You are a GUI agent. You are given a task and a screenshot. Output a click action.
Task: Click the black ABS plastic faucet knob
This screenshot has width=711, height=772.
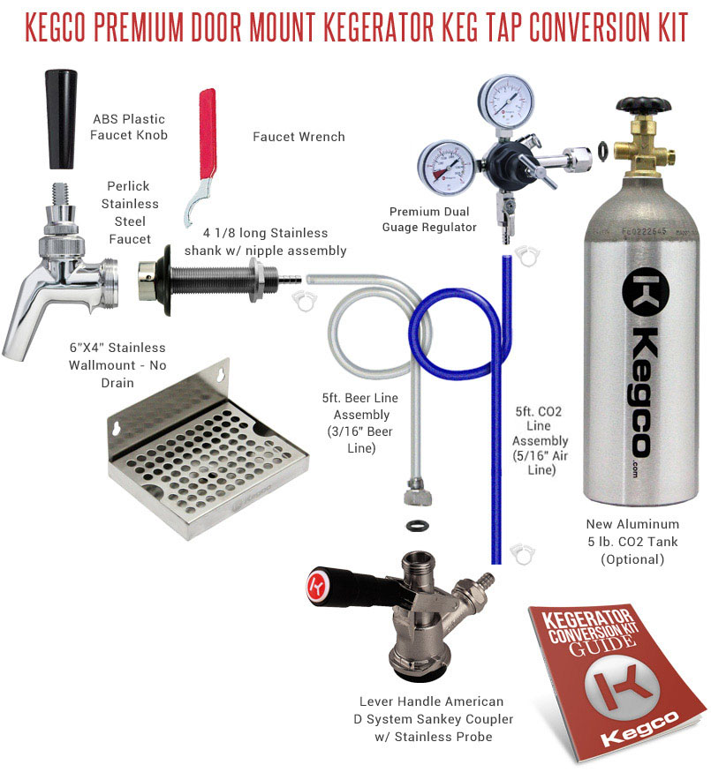pos(61,120)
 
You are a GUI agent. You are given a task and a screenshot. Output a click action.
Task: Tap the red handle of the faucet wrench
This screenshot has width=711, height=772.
pos(208,133)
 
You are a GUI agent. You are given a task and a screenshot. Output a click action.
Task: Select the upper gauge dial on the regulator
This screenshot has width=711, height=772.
pos(505,102)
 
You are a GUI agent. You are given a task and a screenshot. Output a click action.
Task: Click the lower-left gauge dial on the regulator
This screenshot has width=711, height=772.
pos(445,168)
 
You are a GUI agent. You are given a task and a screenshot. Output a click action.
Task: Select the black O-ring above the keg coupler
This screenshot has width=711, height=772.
pos(418,525)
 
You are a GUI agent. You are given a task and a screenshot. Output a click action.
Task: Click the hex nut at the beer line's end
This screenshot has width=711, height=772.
pos(418,494)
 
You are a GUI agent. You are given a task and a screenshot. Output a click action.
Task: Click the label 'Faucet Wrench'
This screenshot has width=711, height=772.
pos(299,137)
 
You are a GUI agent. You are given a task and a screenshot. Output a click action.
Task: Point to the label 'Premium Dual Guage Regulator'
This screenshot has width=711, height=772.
pos(429,219)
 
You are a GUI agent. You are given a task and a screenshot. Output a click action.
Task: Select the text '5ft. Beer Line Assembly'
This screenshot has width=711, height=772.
pos(360,406)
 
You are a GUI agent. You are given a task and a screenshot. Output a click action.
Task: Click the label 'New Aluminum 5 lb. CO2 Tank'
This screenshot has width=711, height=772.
pos(632,533)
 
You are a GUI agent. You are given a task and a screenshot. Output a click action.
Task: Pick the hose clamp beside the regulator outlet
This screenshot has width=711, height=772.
pos(527,256)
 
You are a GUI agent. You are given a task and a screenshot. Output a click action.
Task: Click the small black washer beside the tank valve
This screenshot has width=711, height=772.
pos(602,151)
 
